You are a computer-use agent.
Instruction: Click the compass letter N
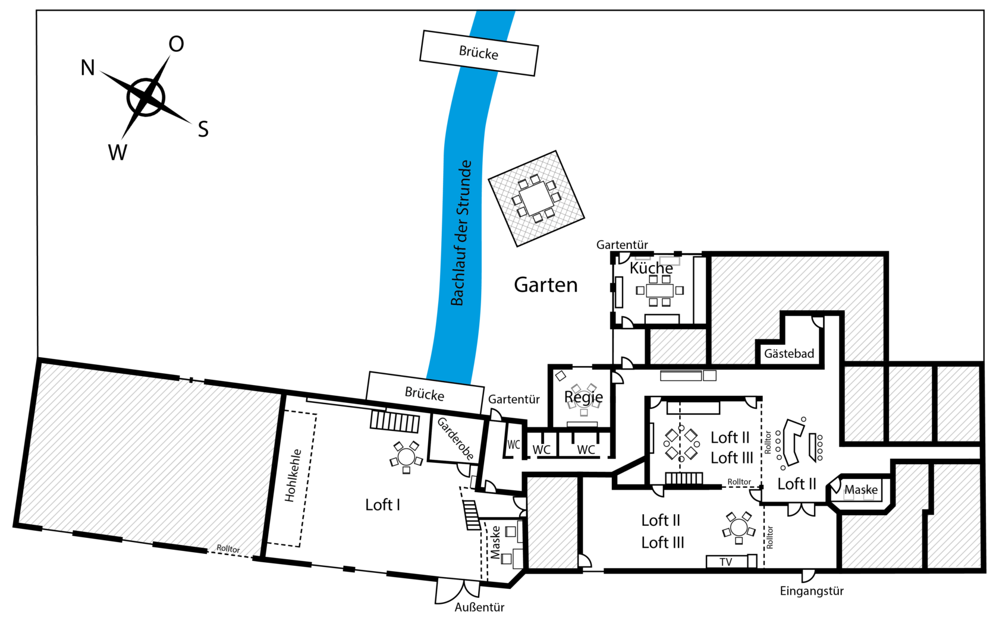(x=88, y=68)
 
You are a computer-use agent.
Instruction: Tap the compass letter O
(x=176, y=44)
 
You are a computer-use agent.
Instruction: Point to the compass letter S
(x=203, y=130)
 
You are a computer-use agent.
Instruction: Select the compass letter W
(x=118, y=152)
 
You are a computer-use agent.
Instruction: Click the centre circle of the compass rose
(x=146, y=97)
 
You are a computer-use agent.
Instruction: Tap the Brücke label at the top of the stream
(x=479, y=53)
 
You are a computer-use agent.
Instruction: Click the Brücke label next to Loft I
(x=425, y=395)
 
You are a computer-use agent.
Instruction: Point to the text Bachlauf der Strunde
(x=461, y=233)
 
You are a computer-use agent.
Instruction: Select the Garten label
(x=546, y=285)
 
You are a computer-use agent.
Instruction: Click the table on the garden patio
(x=536, y=198)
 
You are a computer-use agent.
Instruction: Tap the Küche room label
(x=651, y=268)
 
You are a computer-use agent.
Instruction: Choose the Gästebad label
(x=789, y=354)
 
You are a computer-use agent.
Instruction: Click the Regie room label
(x=583, y=397)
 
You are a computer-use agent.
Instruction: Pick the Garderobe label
(x=455, y=439)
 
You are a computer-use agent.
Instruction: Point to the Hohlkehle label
(x=293, y=475)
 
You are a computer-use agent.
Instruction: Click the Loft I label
(x=383, y=505)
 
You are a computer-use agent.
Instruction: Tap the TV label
(x=725, y=562)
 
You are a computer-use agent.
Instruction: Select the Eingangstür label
(x=812, y=591)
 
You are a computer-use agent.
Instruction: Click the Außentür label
(x=479, y=607)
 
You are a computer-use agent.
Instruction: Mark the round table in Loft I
(x=406, y=457)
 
